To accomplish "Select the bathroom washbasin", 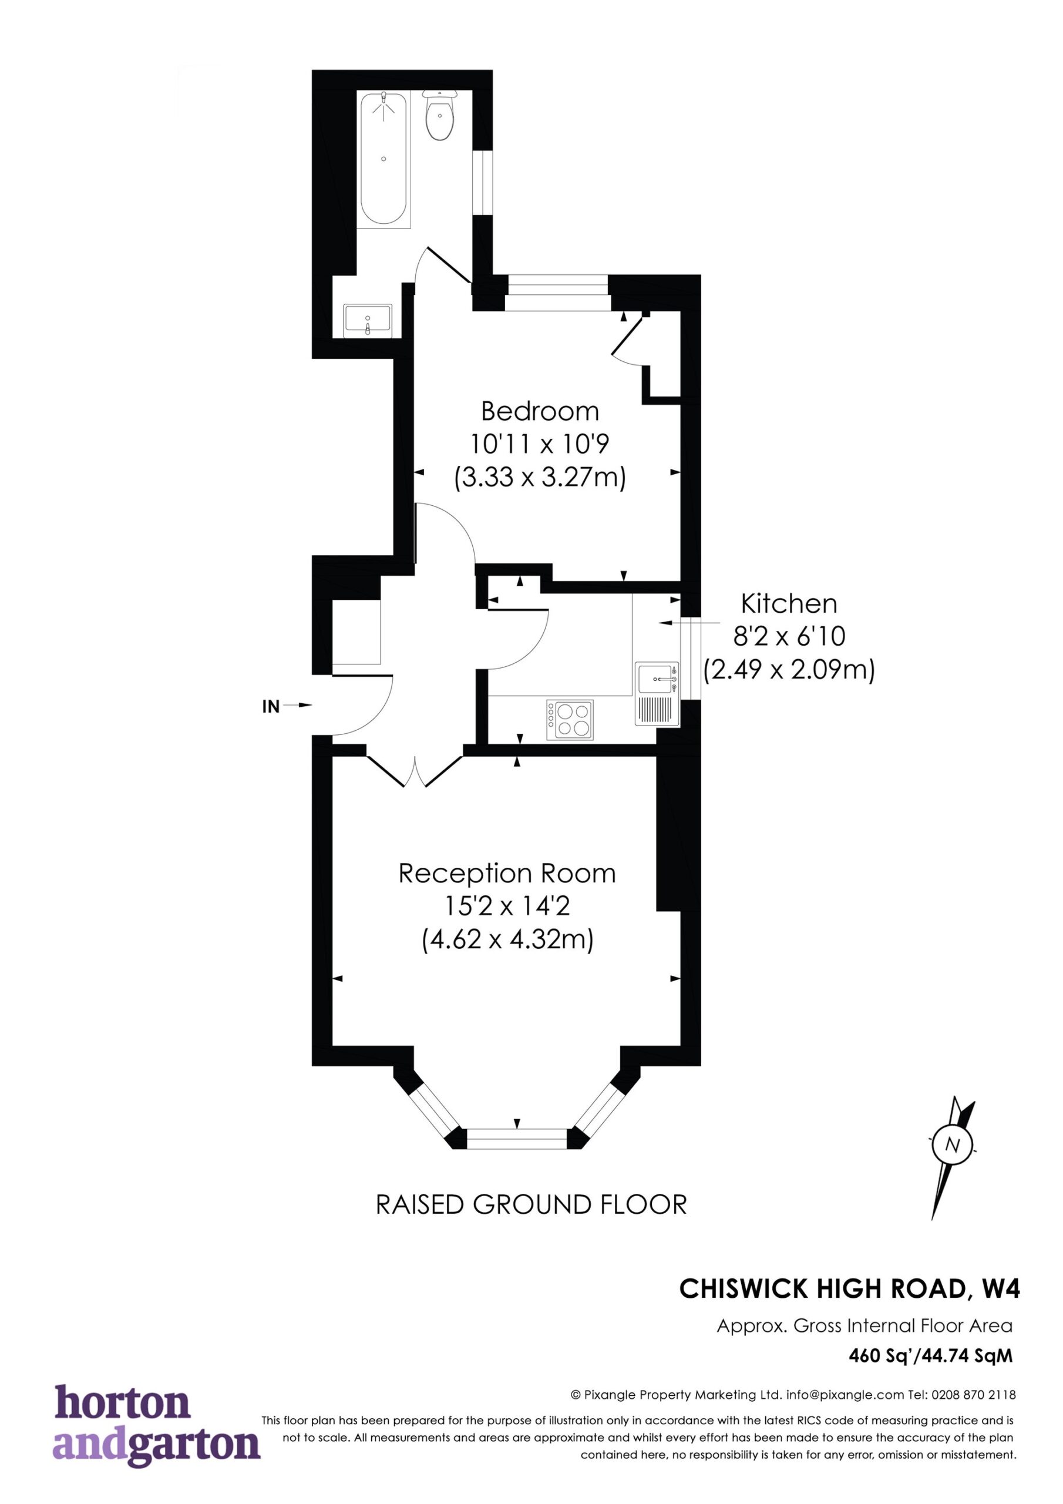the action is click(x=368, y=320).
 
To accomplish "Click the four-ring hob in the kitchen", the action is click(x=570, y=720).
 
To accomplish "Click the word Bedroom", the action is click(x=540, y=411).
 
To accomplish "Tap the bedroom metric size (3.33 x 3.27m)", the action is click(x=540, y=478).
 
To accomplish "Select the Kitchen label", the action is click(x=789, y=603).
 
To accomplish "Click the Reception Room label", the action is click(x=507, y=873).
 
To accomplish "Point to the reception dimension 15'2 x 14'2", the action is click(x=507, y=907).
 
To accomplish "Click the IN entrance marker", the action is click(x=271, y=706).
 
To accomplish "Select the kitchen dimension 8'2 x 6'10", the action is click(x=789, y=636).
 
